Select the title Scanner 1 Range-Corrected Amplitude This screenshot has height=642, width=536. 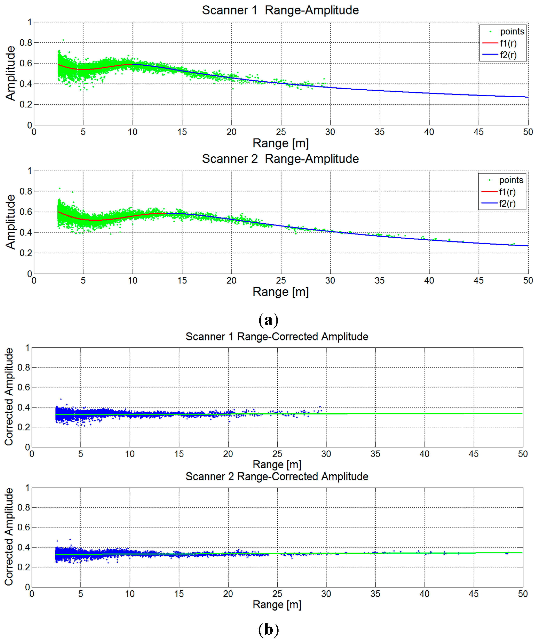click(277, 337)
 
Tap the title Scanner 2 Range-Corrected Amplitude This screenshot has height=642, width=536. click(277, 477)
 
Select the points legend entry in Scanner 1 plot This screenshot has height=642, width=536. click(512, 31)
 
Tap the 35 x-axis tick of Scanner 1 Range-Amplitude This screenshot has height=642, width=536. click(380, 132)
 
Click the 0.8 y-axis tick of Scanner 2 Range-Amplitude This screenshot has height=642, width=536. click(26, 191)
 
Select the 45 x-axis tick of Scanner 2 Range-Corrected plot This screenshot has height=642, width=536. click(474, 594)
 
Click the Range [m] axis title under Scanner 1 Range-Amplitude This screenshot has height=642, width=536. click(280, 143)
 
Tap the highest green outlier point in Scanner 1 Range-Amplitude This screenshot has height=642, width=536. click(63, 40)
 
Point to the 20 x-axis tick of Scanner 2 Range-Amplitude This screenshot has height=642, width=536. click(231, 281)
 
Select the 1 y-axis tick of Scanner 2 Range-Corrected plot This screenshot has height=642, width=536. click(27, 488)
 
